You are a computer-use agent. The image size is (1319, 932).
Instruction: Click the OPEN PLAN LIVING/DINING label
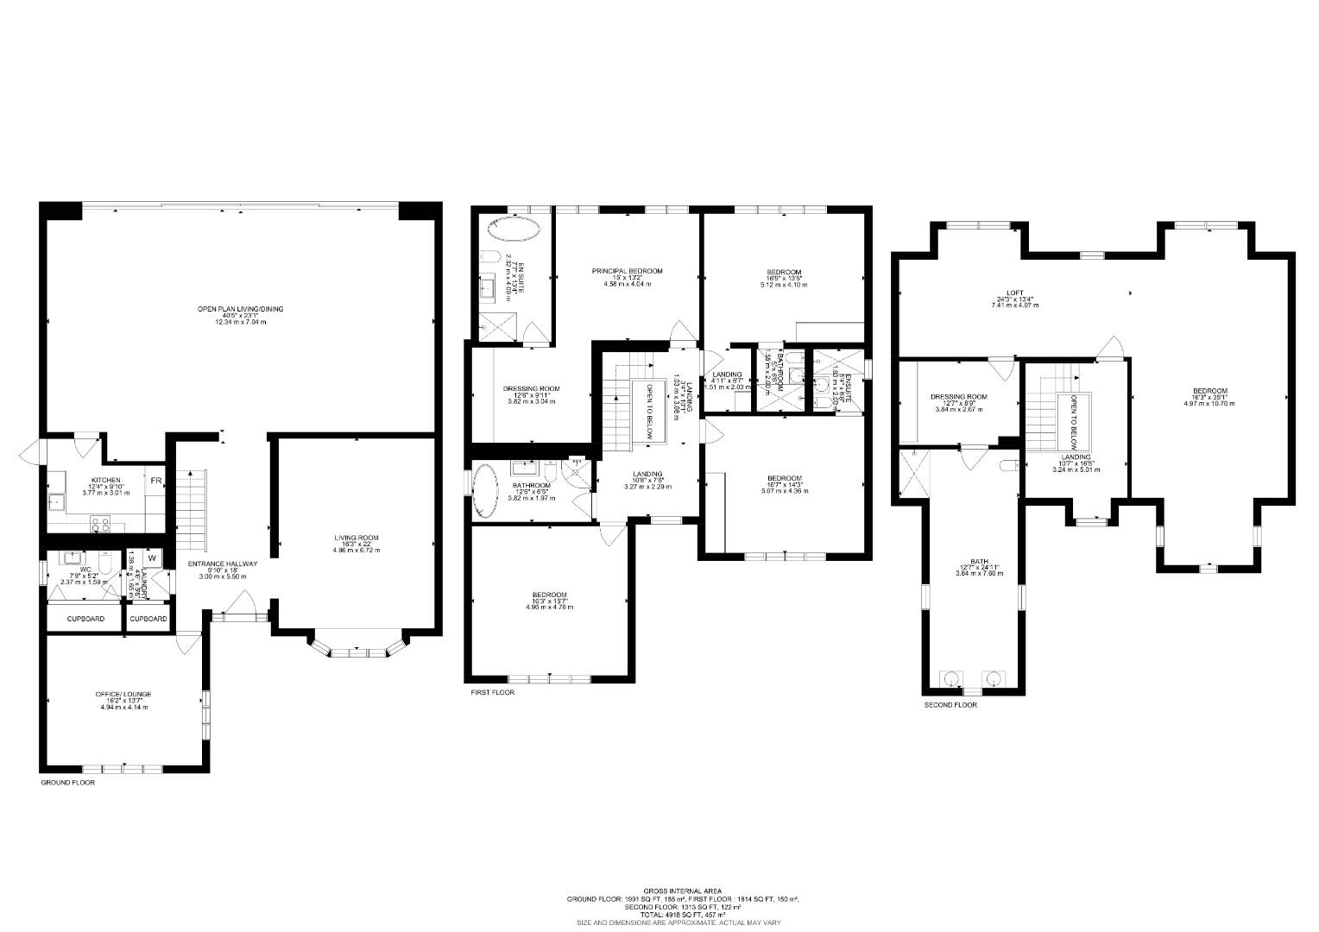tap(240, 309)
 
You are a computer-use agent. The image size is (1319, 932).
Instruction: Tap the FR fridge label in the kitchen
tap(157, 481)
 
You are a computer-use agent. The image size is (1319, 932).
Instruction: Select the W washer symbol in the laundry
tap(152, 557)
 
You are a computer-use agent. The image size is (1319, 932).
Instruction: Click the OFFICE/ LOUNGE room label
tap(123, 694)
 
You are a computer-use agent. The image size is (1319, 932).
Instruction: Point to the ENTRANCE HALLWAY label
tap(223, 564)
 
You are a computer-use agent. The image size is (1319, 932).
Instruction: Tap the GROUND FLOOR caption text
tap(68, 783)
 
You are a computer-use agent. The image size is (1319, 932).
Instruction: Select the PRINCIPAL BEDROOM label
tap(627, 271)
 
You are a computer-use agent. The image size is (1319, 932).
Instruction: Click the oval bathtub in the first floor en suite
tap(513, 229)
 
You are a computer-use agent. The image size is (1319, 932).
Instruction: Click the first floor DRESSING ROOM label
tap(531, 388)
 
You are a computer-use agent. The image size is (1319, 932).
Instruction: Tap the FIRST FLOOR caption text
tap(492, 692)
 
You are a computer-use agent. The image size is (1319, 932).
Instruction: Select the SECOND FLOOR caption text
tap(950, 705)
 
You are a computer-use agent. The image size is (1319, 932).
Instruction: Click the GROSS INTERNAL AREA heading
tap(682, 891)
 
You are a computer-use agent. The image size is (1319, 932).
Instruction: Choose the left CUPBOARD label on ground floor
tap(85, 619)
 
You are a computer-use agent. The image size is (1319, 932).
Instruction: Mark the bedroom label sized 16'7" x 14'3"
tap(785, 478)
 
